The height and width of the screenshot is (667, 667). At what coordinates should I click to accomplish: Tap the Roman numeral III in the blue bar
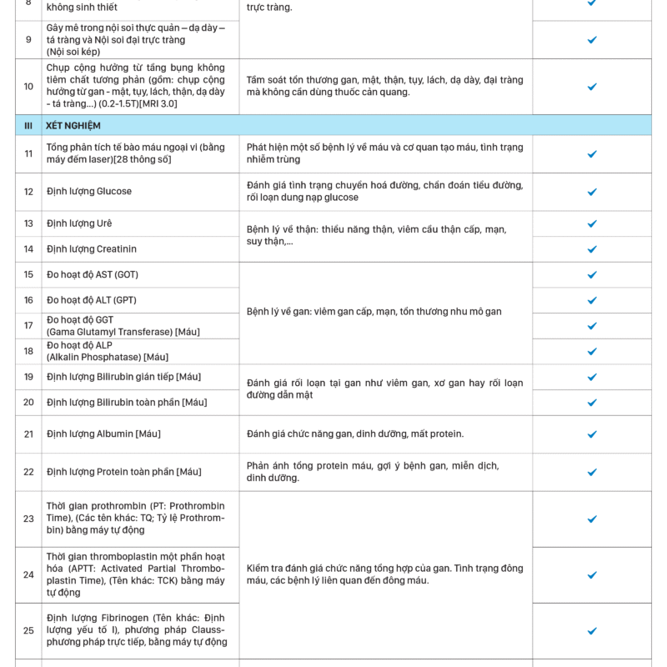[28, 126]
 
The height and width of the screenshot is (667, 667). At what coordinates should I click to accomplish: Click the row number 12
[28, 192]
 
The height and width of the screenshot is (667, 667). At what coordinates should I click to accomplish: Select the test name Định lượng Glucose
[89, 192]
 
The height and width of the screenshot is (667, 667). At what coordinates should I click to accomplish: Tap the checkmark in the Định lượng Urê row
[592, 223]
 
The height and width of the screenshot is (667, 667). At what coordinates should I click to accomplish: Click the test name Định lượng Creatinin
[92, 249]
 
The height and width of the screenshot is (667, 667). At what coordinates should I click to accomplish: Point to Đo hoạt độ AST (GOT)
[93, 275]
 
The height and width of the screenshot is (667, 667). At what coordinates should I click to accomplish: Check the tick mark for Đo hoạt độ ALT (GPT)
[592, 300]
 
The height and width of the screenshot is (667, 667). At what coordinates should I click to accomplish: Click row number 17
[28, 326]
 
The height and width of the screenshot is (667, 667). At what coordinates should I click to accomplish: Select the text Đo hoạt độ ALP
[79, 345]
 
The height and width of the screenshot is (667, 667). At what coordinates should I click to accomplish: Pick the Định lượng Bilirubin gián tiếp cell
[123, 377]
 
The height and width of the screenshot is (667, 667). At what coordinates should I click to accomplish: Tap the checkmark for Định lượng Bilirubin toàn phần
[592, 403]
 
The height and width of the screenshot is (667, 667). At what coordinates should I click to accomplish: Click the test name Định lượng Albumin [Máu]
[103, 434]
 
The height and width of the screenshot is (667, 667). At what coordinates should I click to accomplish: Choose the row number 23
[28, 519]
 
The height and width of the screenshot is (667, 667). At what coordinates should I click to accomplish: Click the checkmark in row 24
[592, 575]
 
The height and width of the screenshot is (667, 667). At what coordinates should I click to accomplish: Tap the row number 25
[28, 631]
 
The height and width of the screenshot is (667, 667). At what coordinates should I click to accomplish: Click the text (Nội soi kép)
[73, 52]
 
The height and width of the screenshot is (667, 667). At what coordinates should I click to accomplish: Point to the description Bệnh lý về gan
[374, 312]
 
